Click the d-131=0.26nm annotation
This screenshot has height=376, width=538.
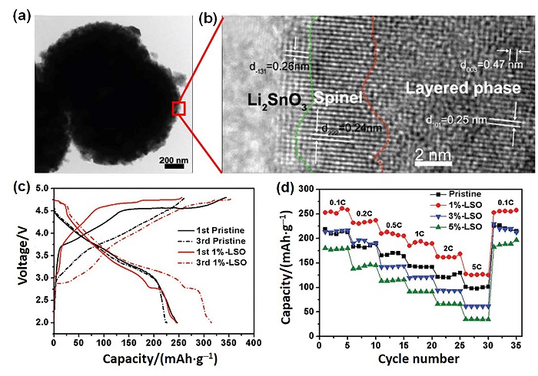264,64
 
